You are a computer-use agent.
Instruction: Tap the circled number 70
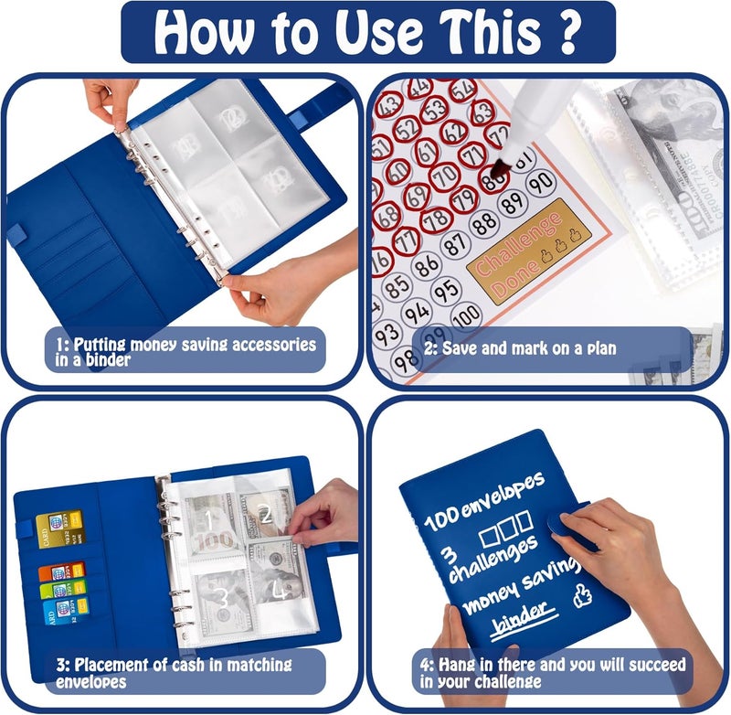pos(444,175)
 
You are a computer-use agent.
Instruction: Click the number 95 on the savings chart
pos(445,290)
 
